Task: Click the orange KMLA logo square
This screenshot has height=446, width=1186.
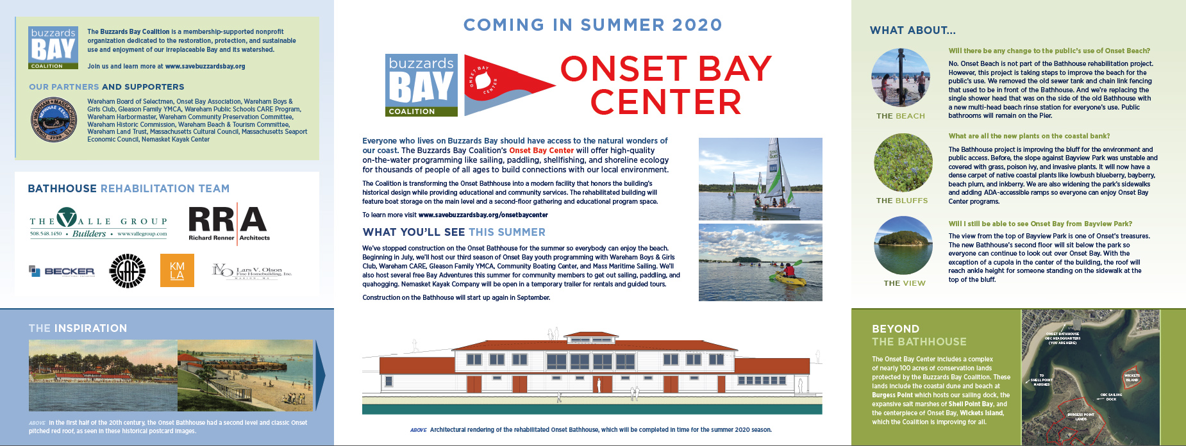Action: [177, 270]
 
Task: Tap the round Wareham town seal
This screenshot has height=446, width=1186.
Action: [55, 119]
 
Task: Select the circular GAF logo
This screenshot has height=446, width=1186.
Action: [127, 271]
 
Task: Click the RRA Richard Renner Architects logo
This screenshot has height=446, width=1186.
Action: [229, 222]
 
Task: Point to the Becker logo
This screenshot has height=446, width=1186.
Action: [62, 271]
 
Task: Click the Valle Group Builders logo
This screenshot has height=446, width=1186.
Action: [98, 222]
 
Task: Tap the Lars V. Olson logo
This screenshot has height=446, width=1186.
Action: [252, 271]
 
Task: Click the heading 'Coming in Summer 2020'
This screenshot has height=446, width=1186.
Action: [592, 25]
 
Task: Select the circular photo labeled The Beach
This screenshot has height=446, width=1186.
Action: [901, 78]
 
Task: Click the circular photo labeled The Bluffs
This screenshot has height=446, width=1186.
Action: [903, 163]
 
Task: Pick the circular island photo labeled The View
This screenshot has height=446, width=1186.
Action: [903, 245]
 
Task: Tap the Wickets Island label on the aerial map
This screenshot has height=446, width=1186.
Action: [1132, 377]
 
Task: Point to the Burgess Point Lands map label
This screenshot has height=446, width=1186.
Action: [1081, 417]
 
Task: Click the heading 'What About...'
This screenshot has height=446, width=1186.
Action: [912, 30]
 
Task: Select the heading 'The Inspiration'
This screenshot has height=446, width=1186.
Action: [78, 328]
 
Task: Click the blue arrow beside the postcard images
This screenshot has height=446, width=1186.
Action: [321, 375]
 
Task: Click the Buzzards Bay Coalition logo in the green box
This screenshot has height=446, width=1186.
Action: [53, 47]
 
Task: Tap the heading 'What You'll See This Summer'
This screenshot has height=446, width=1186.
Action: [454, 232]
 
